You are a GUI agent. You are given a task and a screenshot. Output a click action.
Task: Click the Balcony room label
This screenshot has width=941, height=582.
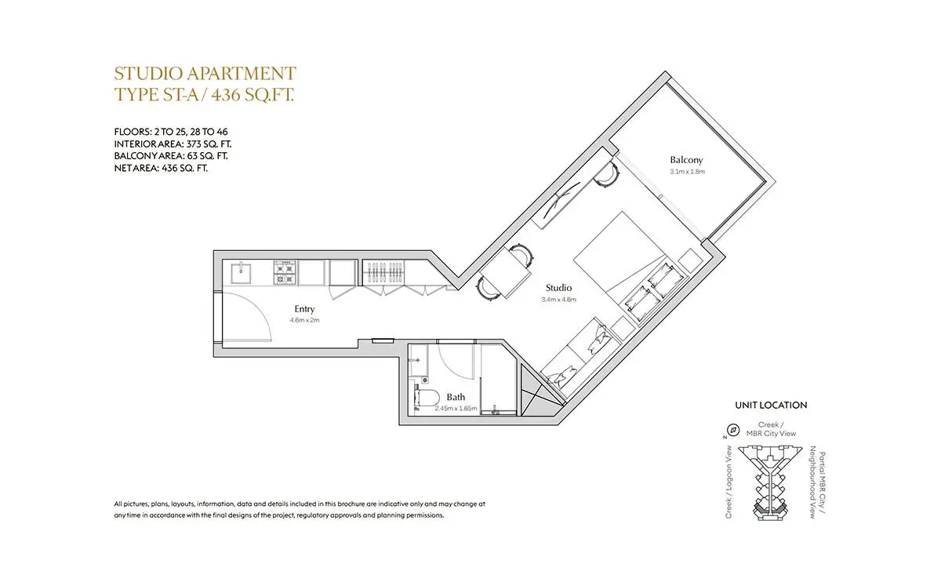(686, 160)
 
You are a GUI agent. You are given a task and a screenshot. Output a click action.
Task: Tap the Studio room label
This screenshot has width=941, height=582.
(558, 288)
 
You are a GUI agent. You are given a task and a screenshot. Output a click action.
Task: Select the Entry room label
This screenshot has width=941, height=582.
(304, 309)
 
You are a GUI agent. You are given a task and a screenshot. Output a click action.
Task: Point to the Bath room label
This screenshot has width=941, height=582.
(456, 397)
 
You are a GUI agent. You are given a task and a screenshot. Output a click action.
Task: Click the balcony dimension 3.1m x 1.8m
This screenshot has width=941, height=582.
(687, 172)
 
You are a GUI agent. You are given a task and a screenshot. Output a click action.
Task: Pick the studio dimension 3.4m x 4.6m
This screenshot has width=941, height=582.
(558, 300)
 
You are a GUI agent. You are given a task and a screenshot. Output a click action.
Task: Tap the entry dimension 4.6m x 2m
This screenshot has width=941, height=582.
(304, 320)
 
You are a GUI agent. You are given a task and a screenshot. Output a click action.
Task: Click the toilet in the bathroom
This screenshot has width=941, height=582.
(427, 397)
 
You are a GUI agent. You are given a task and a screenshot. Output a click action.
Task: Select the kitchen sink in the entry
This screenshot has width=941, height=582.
(242, 273)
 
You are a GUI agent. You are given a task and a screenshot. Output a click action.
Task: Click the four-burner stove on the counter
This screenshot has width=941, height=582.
(285, 273)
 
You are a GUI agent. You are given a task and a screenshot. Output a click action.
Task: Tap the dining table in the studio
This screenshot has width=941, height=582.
(505, 272)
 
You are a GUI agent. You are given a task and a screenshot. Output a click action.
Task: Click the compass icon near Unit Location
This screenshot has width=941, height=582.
(733, 430)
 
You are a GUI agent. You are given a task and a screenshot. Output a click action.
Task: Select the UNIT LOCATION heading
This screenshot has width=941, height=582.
(771, 406)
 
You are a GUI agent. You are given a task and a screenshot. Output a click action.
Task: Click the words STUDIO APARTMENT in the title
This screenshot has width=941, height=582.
(205, 74)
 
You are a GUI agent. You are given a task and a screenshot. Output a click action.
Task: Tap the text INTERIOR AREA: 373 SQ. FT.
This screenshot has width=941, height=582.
(173, 144)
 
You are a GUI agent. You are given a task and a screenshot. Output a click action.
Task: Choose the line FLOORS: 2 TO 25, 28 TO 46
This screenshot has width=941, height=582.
(171, 132)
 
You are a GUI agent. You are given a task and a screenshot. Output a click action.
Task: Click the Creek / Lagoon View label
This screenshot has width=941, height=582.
(728, 482)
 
